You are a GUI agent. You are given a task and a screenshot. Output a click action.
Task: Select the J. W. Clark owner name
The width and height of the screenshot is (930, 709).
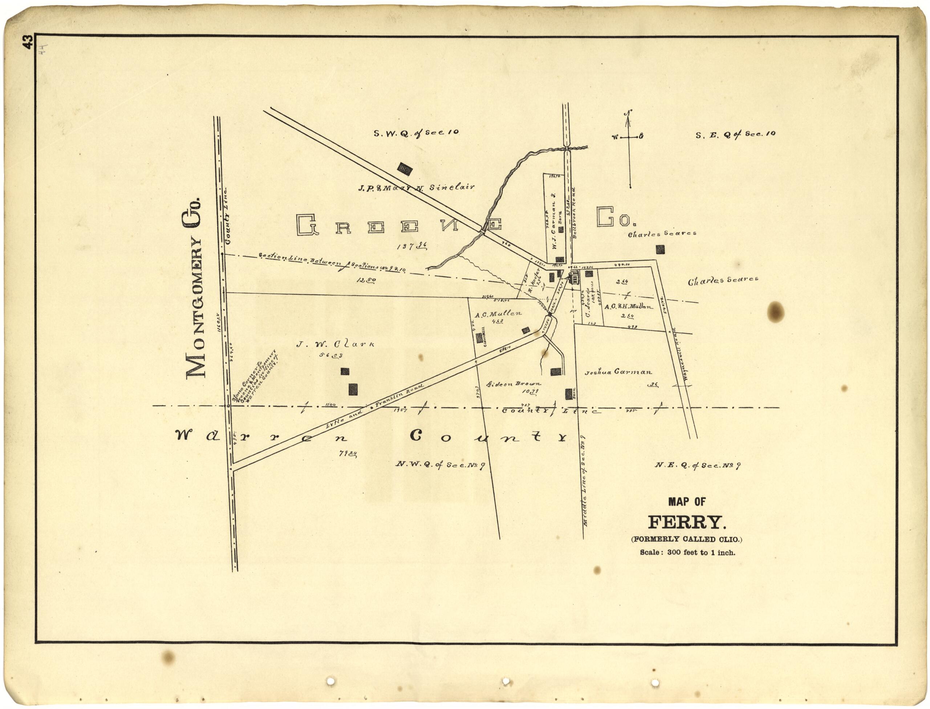point(335,344)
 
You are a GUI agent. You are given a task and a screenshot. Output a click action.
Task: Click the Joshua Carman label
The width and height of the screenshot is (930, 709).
point(618,372)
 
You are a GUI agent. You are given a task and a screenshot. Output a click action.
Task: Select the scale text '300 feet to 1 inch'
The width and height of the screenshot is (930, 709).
point(687,552)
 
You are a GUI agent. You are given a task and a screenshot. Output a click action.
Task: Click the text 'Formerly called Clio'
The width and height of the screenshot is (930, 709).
point(687,539)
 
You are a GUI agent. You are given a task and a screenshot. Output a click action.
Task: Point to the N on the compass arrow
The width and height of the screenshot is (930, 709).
point(628,113)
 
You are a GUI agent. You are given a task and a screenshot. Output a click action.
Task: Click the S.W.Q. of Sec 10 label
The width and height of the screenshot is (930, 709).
point(416,133)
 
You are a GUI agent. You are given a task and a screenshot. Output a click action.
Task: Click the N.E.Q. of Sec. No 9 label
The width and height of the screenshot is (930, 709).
point(698,466)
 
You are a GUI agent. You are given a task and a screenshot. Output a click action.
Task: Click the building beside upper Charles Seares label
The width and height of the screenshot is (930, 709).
point(660,250)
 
